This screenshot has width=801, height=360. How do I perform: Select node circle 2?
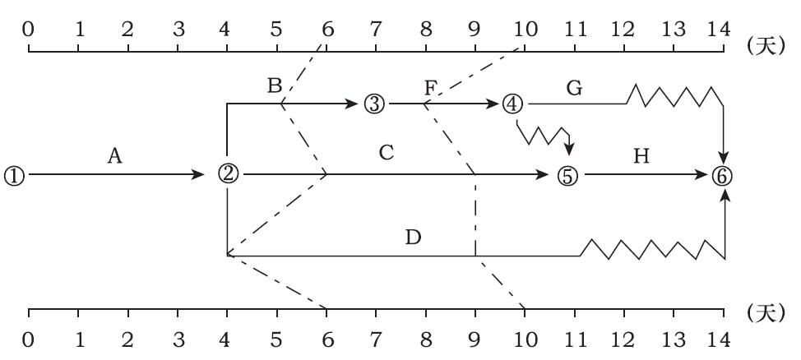point(228,174)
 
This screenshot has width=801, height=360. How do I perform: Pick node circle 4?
point(512,104)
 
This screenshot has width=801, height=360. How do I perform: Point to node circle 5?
point(568,175)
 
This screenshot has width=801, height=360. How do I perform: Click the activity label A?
point(115,156)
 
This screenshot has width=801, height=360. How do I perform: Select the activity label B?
point(275,85)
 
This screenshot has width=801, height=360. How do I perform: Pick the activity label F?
point(431,86)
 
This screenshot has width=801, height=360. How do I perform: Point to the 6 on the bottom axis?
point(326,339)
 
